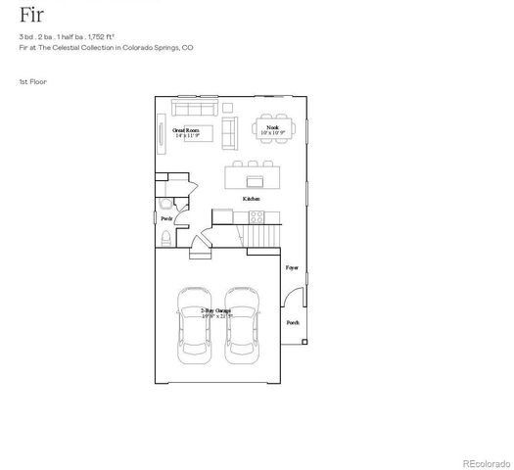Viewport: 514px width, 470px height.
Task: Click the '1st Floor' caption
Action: click(x=32, y=81)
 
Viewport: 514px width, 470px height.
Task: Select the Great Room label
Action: click(x=186, y=131)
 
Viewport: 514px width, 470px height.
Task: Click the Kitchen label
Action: click(x=252, y=198)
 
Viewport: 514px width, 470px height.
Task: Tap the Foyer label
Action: click(x=291, y=267)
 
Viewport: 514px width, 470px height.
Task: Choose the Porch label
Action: click(x=292, y=321)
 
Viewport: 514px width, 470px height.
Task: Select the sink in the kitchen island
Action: click(x=255, y=180)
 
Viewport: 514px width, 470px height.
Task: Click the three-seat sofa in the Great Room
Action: click(x=195, y=105)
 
